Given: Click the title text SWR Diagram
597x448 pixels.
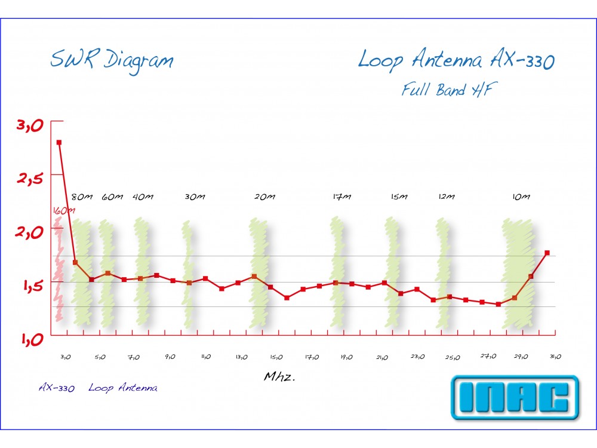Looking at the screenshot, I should coord(112,60).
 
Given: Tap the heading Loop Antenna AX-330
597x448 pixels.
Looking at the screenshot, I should coord(457,60).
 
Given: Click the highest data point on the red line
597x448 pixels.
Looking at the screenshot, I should coord(59,143).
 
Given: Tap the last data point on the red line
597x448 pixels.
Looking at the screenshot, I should coord(547,253).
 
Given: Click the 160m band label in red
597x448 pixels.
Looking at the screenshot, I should coord(64,210).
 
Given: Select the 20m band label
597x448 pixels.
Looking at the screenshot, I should coord(264,197).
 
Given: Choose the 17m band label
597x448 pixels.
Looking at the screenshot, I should coord(342,197).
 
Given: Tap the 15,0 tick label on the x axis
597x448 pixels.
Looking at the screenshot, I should coord(276,357).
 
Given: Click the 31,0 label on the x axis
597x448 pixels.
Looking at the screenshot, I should coord(555,357).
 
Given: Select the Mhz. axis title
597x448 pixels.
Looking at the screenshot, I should coord(280,377).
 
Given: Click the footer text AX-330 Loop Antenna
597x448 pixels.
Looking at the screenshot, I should coord(99,388).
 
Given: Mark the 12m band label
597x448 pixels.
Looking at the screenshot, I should coord(446,197).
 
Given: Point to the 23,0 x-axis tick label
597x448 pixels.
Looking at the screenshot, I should coord(417,357).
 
